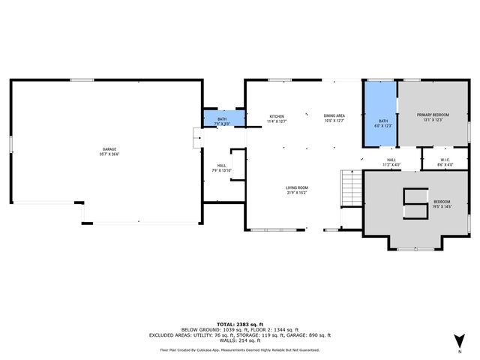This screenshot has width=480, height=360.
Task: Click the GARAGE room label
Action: click(x=109, y=150)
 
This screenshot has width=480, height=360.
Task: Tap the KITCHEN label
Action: click(x=277, y=116)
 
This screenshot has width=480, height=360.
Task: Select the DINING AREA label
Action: click(x=334, y=116)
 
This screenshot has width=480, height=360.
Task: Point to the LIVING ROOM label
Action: click(x=296, y=187)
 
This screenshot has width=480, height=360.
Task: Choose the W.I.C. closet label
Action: click(x=434, y=159)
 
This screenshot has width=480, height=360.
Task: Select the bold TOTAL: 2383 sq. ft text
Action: click(x=240, y=324)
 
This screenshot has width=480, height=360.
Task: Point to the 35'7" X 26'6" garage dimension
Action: click(x=109, y=155)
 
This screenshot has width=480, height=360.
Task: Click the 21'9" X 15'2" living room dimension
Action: click(x=296, y=193)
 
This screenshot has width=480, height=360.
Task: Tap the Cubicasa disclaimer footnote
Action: click(x=240, y=349)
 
